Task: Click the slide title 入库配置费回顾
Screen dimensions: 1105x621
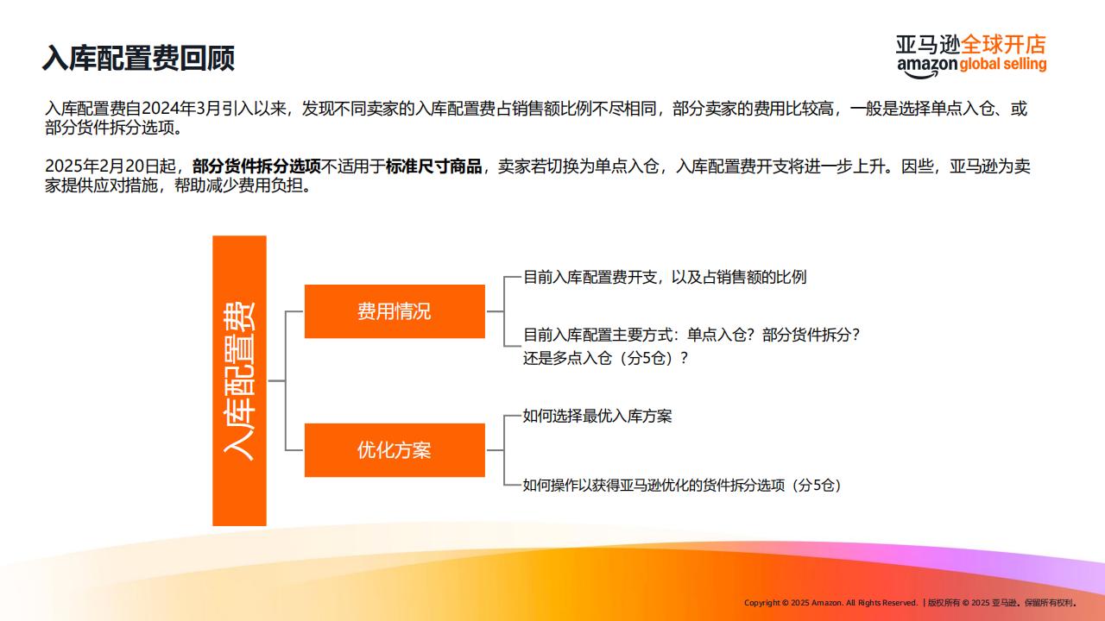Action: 138,58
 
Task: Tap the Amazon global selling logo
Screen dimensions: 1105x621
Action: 971,56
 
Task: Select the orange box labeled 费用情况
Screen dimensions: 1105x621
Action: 395,311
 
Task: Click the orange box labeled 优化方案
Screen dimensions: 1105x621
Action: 395,450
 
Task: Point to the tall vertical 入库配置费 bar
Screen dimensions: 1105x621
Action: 239,380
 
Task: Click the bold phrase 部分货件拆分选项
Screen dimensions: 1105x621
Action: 256,166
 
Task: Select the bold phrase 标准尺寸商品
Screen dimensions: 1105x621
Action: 433,166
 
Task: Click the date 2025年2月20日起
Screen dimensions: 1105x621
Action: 110,166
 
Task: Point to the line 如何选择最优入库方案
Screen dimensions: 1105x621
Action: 597,416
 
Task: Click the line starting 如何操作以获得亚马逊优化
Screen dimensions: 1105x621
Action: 682,486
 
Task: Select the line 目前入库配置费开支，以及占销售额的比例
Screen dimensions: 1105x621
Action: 665,277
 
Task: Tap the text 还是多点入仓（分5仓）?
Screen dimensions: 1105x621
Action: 605,358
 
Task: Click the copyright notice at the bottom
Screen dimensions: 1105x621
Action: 911,603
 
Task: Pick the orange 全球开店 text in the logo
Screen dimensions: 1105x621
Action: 1003,45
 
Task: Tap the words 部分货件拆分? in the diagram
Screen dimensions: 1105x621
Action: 811,336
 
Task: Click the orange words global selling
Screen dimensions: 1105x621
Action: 1003,64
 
